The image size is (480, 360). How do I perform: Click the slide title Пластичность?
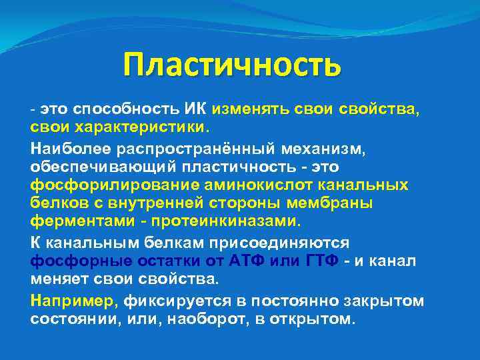coord(232,65)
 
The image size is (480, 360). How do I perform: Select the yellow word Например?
coord(72,300)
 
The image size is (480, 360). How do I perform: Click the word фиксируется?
coord(164,300)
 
